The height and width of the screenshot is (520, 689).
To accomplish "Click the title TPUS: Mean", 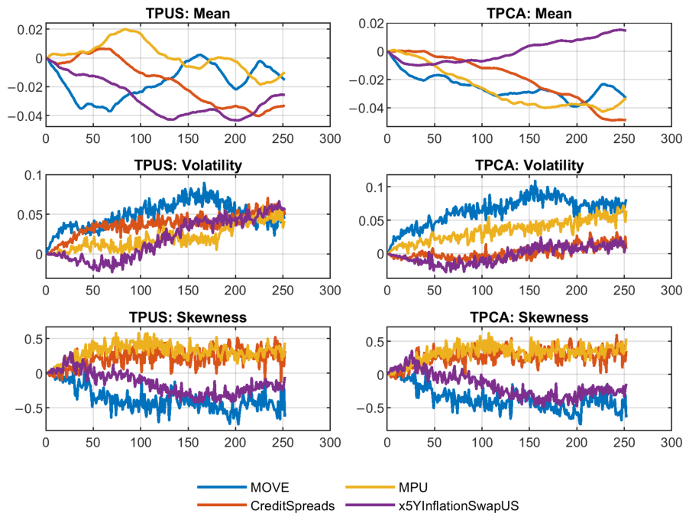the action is [188, 13].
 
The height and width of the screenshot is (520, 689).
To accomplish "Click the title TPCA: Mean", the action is [529, 13].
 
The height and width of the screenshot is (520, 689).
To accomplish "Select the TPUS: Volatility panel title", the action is [188, 165].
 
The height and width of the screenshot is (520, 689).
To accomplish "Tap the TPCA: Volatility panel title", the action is [529, 165].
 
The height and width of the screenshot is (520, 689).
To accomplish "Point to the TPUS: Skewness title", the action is [188, 317].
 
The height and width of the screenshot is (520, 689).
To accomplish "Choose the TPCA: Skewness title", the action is [529, 317].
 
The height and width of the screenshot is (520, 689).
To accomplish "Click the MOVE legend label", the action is [270, 487].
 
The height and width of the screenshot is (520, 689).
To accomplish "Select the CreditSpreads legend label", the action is [293, 506].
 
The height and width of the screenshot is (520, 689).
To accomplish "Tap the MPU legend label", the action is [412, 487].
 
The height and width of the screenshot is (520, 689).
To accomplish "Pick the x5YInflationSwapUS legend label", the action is [458, 506].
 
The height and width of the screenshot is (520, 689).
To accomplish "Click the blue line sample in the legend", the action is [222, 487].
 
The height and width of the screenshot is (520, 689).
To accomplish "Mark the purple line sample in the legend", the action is [370, 505].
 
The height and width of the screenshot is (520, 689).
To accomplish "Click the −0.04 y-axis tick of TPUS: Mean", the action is [25, 116].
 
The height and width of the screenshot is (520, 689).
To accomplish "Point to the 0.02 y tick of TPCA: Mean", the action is [371, 23].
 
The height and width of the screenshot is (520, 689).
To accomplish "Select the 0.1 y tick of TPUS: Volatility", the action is [34, 175].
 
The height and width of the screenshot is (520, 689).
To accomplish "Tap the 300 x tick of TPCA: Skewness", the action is [671, 442].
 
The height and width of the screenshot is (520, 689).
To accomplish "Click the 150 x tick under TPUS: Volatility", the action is [188, 291].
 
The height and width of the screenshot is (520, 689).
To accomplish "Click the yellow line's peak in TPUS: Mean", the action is [126, 30].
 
